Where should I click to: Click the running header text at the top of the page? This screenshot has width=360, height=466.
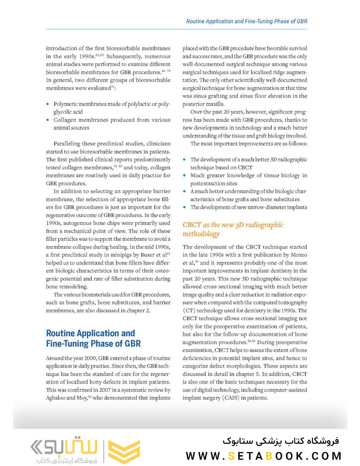click(x=246, y=21)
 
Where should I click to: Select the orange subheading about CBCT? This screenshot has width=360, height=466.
click(x=233, y=230)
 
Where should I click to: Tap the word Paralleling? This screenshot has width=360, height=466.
click(x=68, y=143)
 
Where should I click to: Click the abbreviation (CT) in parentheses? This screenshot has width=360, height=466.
click(x=189, y=310)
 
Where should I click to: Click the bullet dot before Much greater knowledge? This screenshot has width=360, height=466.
click(x=185, y=175)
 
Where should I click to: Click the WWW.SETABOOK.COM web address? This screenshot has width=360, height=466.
click(x=264, y=456)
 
